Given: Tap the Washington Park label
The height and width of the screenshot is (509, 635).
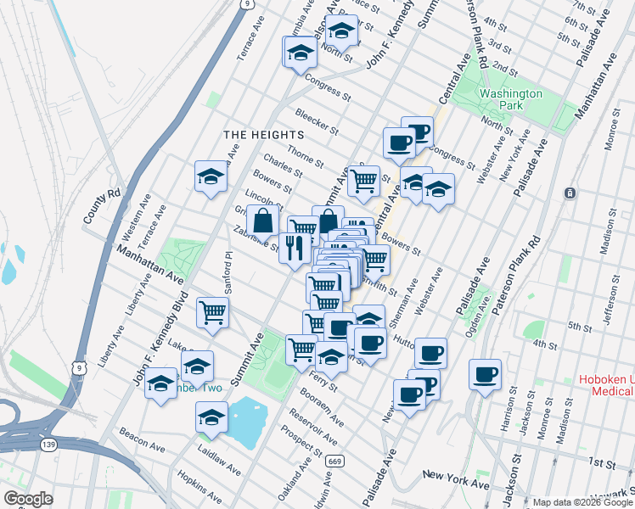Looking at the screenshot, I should pos(509,101).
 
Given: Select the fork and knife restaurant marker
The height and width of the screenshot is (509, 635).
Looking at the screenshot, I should pos(294,249).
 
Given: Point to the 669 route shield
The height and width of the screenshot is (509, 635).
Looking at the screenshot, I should pos(337,461).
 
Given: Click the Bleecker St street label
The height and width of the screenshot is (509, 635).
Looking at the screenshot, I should pos(317,122).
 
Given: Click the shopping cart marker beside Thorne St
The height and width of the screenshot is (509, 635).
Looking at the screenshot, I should pos(363,180).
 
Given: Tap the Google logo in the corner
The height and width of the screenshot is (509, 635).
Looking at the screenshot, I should pos(27,499).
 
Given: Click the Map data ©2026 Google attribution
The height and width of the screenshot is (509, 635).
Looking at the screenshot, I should pos(570,502).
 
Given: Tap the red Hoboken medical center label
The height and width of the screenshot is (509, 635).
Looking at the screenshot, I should pos(605,385).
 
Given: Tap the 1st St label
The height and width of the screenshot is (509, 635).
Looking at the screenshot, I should pos(600,462).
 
